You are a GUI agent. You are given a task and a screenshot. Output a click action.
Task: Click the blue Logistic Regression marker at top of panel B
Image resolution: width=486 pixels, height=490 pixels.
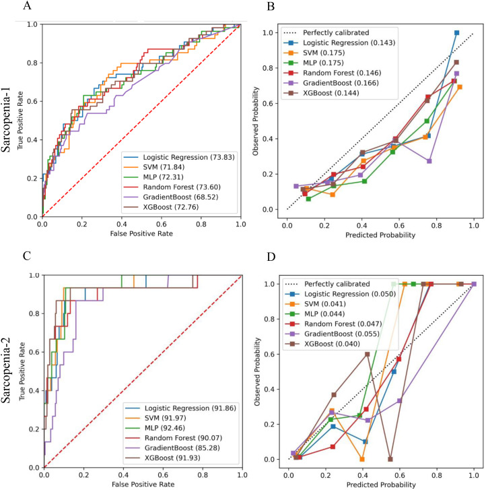click(x=456, y=32)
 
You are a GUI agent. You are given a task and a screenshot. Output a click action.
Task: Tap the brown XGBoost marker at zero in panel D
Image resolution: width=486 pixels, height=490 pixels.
click(x=390, y=459)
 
